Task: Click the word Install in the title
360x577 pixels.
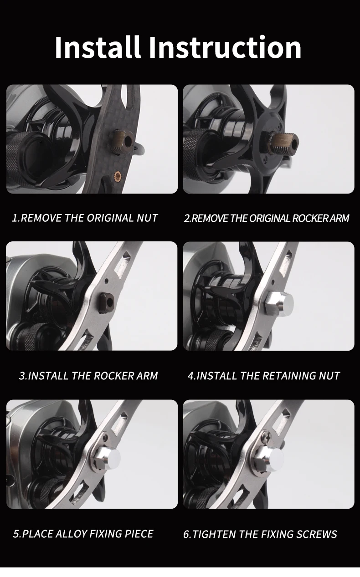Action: [x=98, y=47]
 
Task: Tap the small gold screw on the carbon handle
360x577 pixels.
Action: [x=118, y=176]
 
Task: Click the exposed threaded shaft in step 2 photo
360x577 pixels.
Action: [x=284, y=143]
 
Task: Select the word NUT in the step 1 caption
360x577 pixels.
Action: [x=147, y=218]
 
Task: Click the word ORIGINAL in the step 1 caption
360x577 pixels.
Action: [x=110, y=218]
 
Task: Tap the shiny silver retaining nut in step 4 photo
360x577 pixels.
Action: [x=279, y=303]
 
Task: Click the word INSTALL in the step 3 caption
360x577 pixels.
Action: [x=48, y=376]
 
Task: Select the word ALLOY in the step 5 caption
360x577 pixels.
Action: [x=71, y=533]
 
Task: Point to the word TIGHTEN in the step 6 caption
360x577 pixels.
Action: [x=214, y=534]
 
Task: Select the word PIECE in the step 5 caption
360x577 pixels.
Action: [x=139, y=533]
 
